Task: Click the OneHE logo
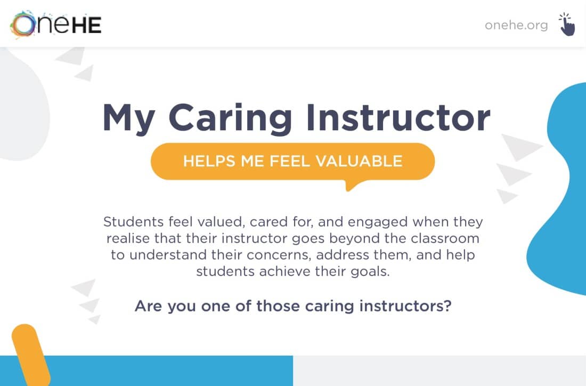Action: pyautogui.click(x=56, y=24)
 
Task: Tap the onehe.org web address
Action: pyautogui.click(x=516, y=25)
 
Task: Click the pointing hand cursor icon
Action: pyautogui.click(x=567, y=24)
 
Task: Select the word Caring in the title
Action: pyautogui.click(x=230, y=119)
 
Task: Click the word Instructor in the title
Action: pyautogui.click(x=398, y=117)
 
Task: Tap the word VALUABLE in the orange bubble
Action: pyautogui.click(x=359, y=161)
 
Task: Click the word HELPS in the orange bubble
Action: pyautogui.click(x=209, y=161)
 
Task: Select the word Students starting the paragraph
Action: pyautogui.click(x=133, y=222)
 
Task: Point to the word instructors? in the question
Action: pyautogui.click(x=405, y=306)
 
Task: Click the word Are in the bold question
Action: pyautogui.click(x=149, y=306)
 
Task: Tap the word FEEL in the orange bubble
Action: pyautogui.click(x=290, y=161)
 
